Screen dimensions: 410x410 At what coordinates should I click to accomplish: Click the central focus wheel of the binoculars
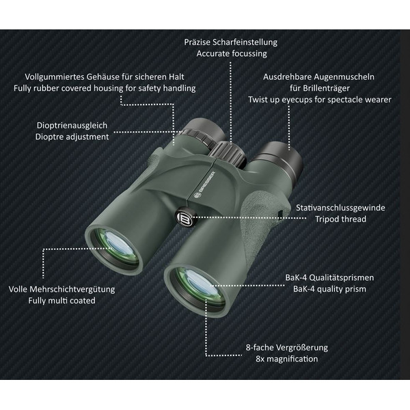click(230, 154)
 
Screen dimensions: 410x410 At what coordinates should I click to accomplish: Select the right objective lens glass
click(200, 288)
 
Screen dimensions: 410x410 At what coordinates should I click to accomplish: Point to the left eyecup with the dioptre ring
click(203, 133)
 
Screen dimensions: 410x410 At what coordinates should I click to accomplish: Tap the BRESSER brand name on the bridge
click(205, 184)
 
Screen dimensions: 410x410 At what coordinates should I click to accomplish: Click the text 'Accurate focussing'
click(232, 53)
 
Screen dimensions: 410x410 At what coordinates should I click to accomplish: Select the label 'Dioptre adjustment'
click(72, 137)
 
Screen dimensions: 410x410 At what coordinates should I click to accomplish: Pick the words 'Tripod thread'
click(340, 219)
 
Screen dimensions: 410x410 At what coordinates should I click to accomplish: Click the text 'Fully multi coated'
click(61, 301)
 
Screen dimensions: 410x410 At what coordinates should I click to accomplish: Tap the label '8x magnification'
click(287, 359)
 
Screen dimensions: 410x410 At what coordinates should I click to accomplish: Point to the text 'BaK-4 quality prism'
click(329, 289)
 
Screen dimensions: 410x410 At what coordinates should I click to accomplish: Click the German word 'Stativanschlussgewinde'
click(340, 208)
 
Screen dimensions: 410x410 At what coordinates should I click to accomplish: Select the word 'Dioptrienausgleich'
click(72, 126)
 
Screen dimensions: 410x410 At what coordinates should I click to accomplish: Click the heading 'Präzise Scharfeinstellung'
click(231, 42)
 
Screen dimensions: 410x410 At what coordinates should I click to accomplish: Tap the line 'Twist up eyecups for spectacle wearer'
click(320, 100)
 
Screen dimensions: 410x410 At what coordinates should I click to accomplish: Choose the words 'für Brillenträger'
click(320, 88)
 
